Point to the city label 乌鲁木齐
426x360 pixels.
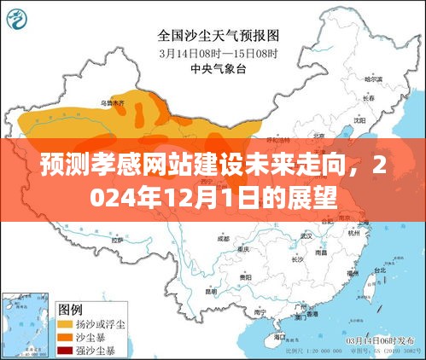112,103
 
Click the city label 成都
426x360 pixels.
224,238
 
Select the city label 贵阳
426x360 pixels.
245,278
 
